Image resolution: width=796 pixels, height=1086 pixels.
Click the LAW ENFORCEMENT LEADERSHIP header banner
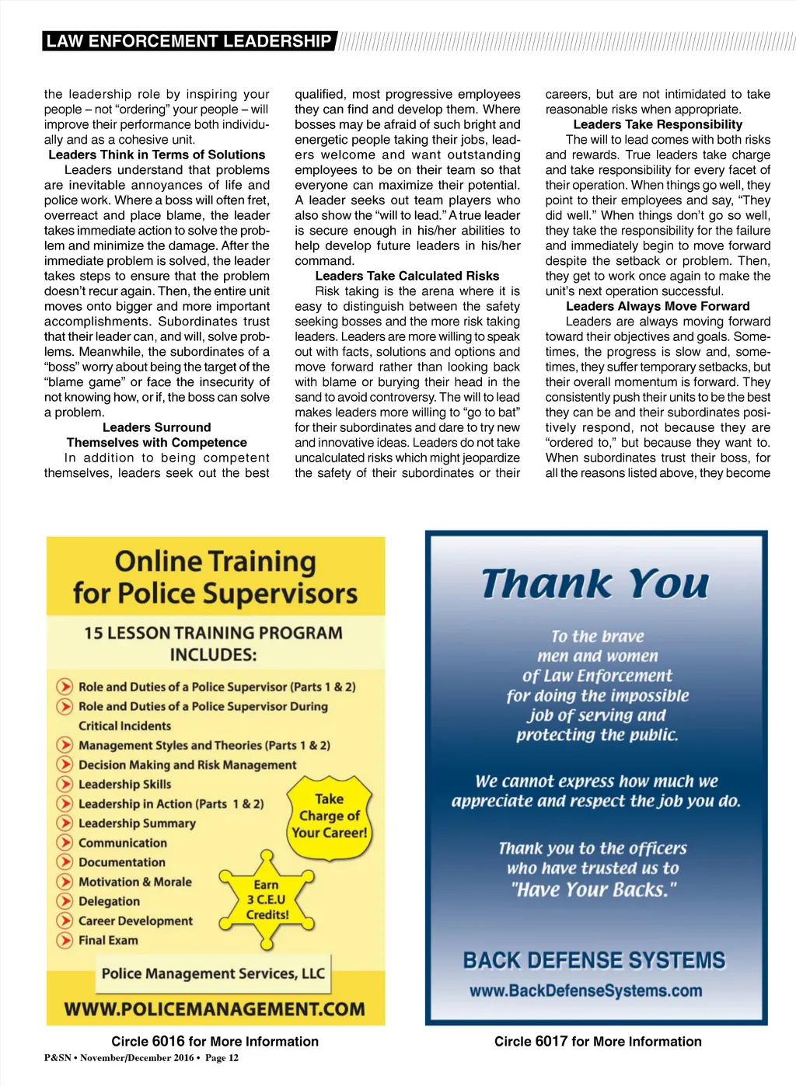[x=189, y=41]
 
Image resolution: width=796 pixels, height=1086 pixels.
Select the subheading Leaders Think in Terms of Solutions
[x=157, y=155]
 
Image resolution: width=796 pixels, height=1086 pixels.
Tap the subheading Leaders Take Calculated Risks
[x=407, y=276]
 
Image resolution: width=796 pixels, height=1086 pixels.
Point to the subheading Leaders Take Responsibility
[x=658, y=124]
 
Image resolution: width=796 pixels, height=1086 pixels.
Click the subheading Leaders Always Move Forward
[x=658, y=306]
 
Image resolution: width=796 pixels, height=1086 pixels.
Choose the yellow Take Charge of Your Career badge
[x=330, y=816]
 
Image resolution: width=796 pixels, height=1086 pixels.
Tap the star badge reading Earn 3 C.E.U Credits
[x=267, y=900]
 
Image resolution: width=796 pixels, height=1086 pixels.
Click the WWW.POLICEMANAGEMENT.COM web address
[x=215, y=1009]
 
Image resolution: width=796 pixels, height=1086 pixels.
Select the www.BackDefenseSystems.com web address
[x=585, y=990]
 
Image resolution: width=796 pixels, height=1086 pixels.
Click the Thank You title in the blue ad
[x=595, y=584]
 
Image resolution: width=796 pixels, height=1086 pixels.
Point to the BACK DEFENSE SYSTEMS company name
[x=594, y=961]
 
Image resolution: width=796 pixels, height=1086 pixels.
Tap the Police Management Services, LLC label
[x=213, y=973]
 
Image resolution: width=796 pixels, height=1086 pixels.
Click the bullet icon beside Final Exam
[x=65, y=940]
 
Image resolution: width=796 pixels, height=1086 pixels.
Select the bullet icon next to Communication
[x=65, y=843]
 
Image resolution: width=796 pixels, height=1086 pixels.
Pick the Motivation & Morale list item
[x=134, y=882]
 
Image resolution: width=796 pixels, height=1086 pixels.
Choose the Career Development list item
[x=135, y=921]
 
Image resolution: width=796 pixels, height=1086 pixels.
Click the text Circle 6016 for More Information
[x=215, y=1042]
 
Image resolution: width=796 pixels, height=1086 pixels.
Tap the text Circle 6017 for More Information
[x=598, y=1042]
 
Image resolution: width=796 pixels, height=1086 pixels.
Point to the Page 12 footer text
[x=222, y=1058]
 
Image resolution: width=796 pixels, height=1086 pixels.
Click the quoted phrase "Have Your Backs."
[x=594, y=889]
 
